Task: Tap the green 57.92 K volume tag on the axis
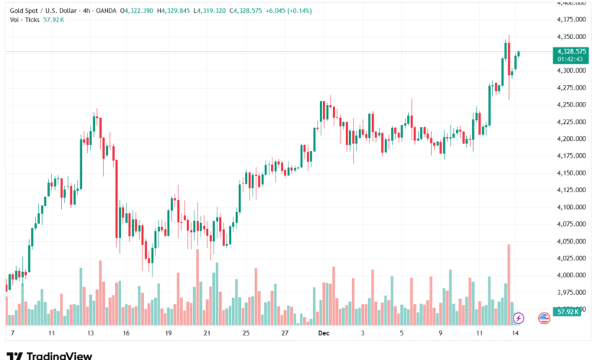pos(567,312)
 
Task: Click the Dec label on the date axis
pos(323,334)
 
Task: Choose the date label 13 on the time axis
pos(90,334)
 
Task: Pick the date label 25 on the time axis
pos(246,334)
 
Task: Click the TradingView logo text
pos(60,355)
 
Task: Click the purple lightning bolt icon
pos(518,317)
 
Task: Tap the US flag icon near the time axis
pos(544,317)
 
